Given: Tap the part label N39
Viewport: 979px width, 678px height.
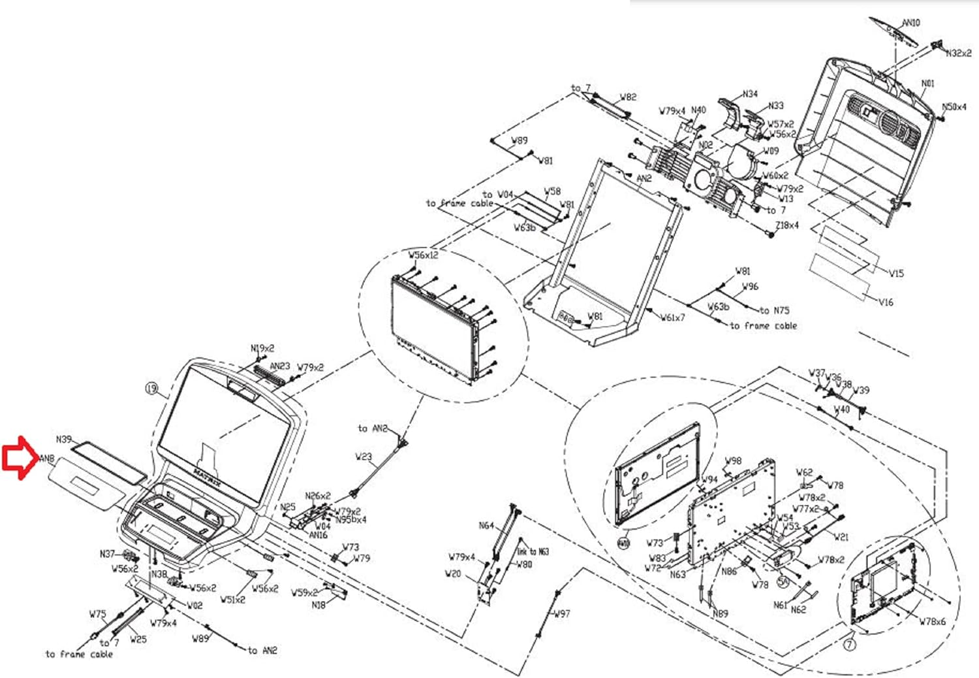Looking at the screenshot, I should [x=64, y=440].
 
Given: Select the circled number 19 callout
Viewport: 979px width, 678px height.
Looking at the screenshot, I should [x=151, y=389].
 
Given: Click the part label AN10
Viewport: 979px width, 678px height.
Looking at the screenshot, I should [x=911, y=23].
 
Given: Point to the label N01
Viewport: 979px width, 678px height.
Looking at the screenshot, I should [x=927, y=84].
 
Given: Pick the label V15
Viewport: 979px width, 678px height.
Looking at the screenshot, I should [x=896, y=274].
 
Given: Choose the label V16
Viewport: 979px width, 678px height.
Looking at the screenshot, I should [x=886, y=302].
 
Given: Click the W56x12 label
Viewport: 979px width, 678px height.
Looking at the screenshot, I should [x=424, y=255].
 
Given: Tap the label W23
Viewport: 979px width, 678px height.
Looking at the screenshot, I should [x=364, y=457].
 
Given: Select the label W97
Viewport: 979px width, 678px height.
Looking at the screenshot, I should [x=562, y=614].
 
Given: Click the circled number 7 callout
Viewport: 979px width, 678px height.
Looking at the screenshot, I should [x=849, y=645].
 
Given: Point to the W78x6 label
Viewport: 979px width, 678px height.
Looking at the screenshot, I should [x=932, y=622].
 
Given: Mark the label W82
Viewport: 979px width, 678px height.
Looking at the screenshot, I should [x=628, y=97].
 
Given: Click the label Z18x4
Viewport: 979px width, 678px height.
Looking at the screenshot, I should [x=786, y=225].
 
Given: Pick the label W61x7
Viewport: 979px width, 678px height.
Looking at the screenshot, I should [x=673, y=318].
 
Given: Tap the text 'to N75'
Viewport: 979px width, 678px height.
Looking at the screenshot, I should [x=774, y=311].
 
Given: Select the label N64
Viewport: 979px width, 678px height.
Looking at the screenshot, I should [x=486, y=526].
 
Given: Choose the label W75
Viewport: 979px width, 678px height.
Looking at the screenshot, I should [x=97, y=614].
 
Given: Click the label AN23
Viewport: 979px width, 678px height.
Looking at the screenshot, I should [x=280, y=366].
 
